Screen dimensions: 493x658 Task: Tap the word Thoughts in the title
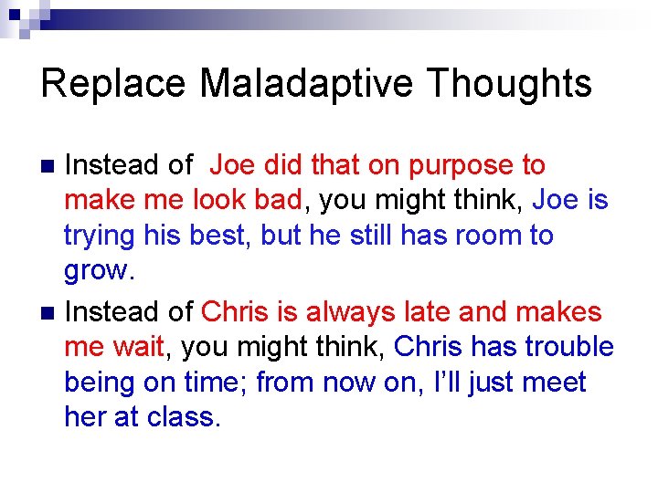click(x=509, y=84)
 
